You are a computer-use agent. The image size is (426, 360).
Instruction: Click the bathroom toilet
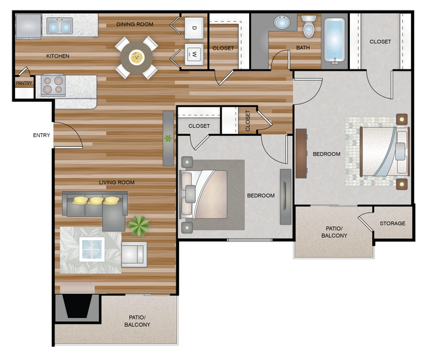point(309,26)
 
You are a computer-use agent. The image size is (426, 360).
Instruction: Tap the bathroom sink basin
point(282,22)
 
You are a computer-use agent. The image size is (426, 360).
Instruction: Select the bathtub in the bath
point(334,40)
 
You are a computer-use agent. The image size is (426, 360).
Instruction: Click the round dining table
point(136,58)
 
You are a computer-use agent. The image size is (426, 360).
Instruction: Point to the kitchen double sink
point(60,26)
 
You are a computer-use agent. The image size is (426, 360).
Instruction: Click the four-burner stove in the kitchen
point(53,85)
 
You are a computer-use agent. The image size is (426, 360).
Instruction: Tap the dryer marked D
point(194,28)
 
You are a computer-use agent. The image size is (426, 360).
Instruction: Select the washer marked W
point(194,54)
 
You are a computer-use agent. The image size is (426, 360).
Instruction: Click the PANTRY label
point(24,83)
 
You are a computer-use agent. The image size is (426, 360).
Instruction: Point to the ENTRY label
point(41,135)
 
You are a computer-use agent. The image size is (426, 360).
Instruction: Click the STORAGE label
point(393,223)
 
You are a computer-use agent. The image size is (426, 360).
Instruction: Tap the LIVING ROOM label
point(117,182)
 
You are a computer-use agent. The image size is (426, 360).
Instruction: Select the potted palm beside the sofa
point(139,226)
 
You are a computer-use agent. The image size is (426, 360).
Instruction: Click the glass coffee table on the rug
point(92,249)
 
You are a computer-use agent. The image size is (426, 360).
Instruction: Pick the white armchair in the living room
point(134,254)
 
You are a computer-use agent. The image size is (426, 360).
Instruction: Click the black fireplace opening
point(78,306)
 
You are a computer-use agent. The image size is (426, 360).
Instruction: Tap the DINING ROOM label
point(135,24)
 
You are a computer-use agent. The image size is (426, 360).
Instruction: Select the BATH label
point(303,48)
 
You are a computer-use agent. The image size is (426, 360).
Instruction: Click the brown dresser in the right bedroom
point(301,153)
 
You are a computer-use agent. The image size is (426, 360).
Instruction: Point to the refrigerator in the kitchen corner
point(29,27)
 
